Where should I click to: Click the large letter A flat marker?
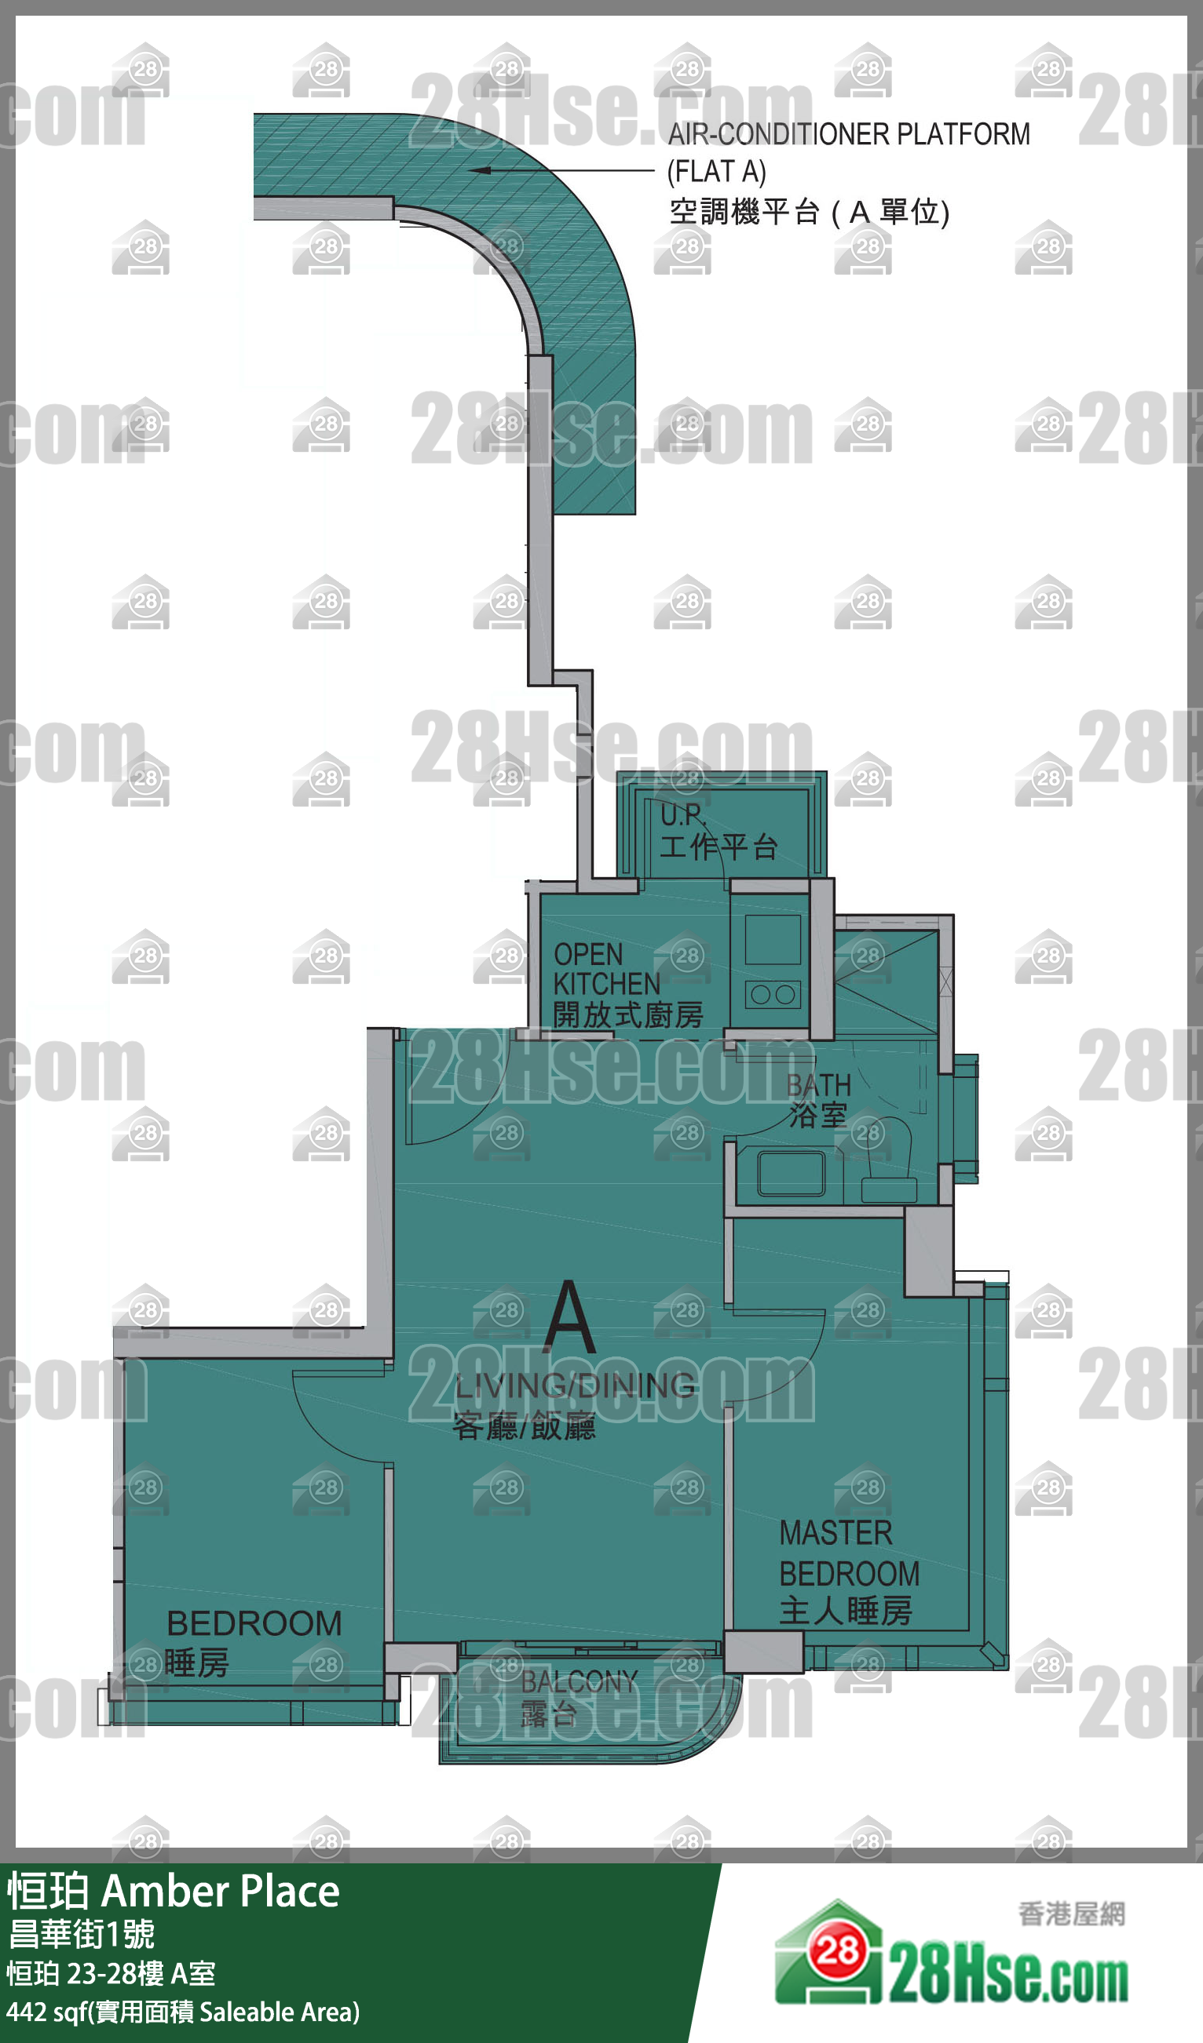[570, 1316]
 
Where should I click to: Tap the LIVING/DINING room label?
[574, 1386]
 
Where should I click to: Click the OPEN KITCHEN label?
[607, 969]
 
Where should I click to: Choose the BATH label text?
[818, 1085]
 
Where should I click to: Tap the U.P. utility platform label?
[683, 814]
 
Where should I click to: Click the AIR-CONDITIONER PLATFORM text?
[849, 135]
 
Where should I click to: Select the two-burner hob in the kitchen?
[772, 995]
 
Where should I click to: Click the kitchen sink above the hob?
[772, 940]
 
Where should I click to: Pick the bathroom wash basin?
[791, 1174]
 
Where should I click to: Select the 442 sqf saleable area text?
[182, 2012]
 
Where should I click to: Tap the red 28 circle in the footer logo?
[838, 1952]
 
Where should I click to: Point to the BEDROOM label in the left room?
[254, 1624]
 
